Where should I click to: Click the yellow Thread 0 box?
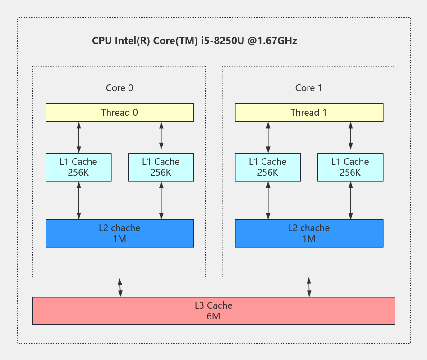[x=120, y=112]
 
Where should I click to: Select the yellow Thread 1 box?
[x=309, y=112]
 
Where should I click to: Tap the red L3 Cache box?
[x=214, y=311]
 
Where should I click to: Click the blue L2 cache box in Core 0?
[x=120, y=233]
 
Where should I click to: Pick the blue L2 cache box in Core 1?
[x=309, y=233]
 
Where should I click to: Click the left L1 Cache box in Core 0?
[x=78, y=167]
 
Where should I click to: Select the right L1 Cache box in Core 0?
[x=161, y=167]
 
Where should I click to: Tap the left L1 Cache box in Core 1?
[x=268, y=167]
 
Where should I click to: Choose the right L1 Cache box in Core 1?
[x=350, y=167]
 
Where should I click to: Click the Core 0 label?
[x=119, y=88]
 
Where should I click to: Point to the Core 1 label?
[x=308, y=88]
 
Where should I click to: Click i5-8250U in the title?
[x=223, y=41]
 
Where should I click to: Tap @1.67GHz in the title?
[x=272, y=41]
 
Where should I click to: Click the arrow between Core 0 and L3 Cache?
[x=120, y=287]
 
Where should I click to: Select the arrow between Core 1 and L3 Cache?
[x=309, y=287]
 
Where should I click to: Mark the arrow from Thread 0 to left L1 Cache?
[x=79, y=137]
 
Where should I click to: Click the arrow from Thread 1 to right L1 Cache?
[x=351, y=136]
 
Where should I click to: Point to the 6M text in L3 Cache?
[x=214, y=316]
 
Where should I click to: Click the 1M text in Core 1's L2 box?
[x=309, y=239]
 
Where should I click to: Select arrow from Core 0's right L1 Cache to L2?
[x=161, y=200]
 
